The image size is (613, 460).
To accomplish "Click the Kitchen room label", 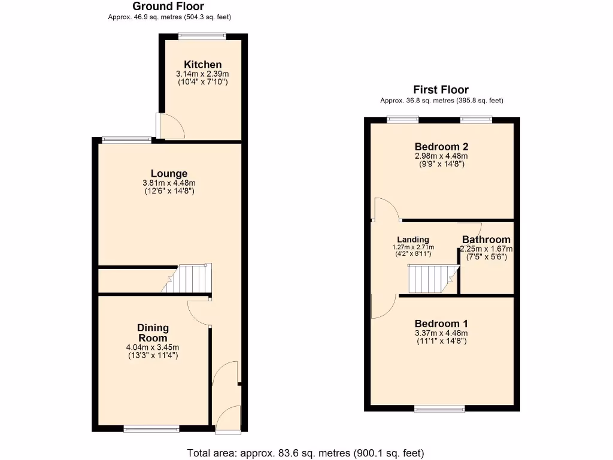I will point(202,65).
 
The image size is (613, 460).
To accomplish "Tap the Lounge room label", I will point(169,174).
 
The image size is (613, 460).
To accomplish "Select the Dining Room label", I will point(153,333).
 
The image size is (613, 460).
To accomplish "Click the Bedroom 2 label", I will point(441,147).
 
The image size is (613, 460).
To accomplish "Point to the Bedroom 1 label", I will point(441,323).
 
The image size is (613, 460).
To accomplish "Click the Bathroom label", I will point(486,240).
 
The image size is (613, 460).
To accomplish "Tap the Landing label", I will point(412,240).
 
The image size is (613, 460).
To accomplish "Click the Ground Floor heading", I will point(169,7).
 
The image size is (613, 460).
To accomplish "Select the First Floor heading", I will point(441,90).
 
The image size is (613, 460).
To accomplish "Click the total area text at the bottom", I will point(306,453).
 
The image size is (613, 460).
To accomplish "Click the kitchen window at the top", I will point(202,37).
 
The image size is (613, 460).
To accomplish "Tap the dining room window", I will point(151,428).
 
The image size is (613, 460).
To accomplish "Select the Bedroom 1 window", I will point(440,409).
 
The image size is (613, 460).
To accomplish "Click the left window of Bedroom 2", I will point(403,120).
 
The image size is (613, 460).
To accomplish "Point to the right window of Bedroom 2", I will point(477,120).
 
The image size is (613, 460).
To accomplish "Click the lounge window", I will point(127,140).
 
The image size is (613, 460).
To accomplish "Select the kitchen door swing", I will point(169,126).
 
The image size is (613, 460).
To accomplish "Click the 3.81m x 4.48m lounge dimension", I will point(169,183).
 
